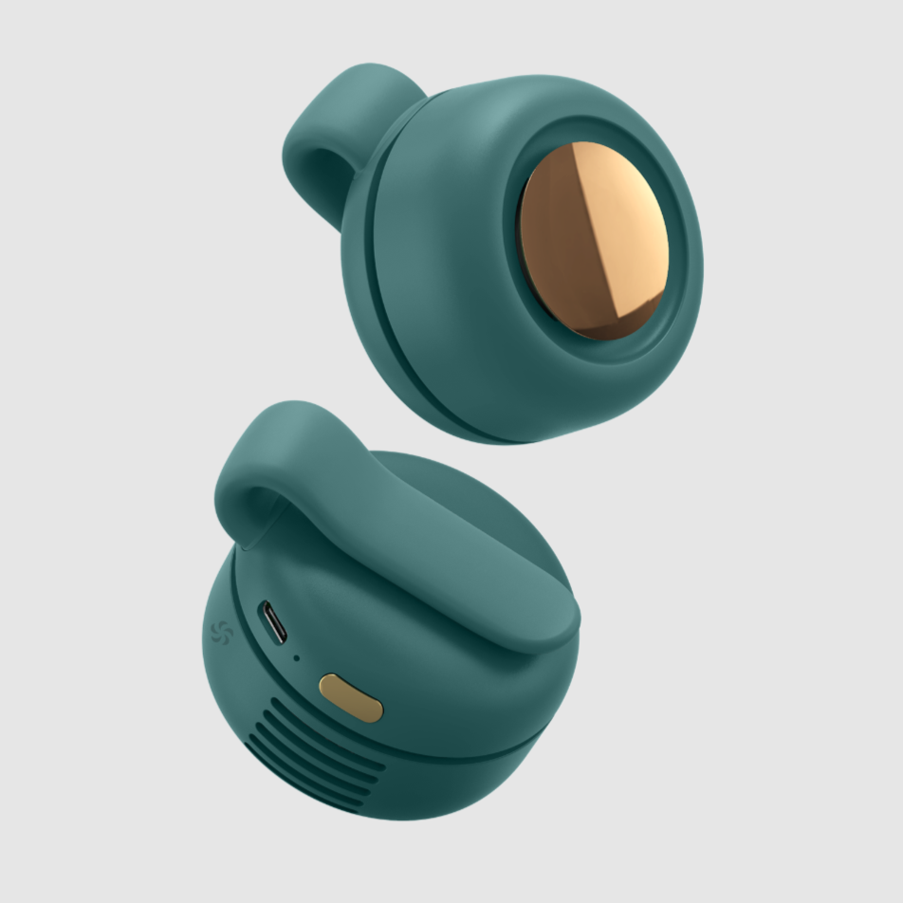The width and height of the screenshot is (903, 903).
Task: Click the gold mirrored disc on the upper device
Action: pos(593,241)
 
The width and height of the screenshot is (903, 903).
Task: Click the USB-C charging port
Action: pos(274,623)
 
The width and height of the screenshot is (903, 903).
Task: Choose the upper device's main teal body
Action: pos(446,313)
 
